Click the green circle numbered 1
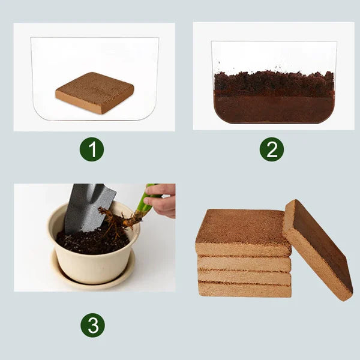pos(92,149)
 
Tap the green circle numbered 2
pos(272,149)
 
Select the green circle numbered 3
pos(92,325)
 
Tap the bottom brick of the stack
pos(244,290)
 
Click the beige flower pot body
pos(90,267)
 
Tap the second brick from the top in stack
pos(244,263)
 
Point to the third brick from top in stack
pos(244,277)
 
